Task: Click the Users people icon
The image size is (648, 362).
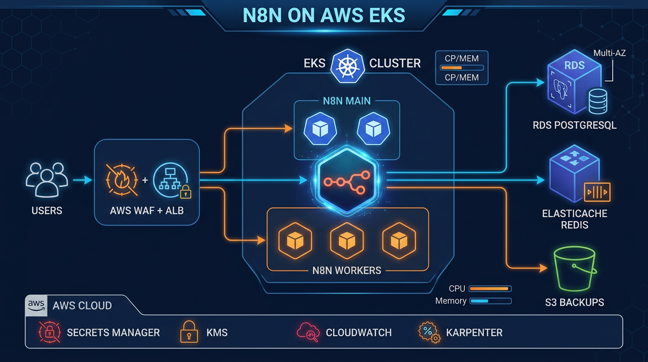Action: point(47,180)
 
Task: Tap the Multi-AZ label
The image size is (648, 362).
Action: point(609,53)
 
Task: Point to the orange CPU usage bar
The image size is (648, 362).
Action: point(490,288)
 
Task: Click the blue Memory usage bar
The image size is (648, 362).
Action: point(490,301)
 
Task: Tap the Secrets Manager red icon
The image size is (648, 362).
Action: point(49,332)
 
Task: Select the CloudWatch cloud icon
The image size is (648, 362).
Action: point(308,332)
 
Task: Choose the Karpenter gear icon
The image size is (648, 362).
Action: point(429,332)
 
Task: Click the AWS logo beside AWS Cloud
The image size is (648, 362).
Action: point(37,305)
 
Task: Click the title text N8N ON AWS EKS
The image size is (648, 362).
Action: point(324,16)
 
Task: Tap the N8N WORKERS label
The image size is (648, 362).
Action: point(347,271)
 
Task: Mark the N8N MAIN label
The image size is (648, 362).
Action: point(347,100)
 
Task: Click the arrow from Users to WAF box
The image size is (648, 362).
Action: point(83,180)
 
